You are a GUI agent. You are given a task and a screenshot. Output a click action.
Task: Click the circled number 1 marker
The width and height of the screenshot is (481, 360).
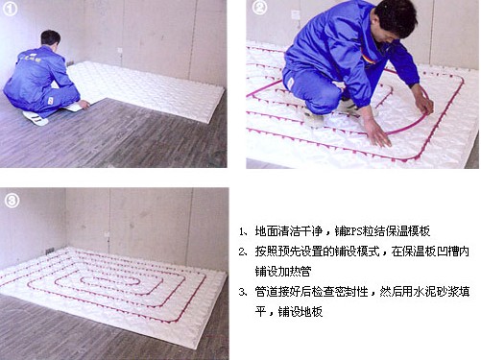(10, 9)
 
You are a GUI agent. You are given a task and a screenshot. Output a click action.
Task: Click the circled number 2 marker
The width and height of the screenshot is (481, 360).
(259, 8)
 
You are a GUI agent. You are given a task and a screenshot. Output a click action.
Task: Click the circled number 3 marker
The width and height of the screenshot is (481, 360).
(12, 201)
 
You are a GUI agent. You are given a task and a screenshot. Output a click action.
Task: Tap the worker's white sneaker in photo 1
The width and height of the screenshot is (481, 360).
(36, 118)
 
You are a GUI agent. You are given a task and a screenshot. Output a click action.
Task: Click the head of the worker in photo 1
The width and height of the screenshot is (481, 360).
(51, 39)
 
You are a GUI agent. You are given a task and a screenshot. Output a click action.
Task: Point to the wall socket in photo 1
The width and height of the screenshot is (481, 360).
(120, 50)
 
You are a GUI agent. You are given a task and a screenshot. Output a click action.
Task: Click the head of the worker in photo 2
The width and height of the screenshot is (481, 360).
(395, 20)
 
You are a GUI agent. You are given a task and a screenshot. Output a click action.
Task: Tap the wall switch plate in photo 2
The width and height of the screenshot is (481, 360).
(296, 15)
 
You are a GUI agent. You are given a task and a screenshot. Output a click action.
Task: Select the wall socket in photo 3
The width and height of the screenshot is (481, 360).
(108, 235)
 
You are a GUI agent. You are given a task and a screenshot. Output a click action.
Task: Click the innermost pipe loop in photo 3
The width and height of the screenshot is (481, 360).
(110, 281)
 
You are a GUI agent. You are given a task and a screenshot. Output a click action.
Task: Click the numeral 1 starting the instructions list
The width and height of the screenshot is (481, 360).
(241, 231)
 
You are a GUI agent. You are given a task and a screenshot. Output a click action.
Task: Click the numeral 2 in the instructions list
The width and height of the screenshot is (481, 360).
(242, 252)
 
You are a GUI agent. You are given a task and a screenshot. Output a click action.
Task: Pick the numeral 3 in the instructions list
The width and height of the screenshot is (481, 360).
(242, 292)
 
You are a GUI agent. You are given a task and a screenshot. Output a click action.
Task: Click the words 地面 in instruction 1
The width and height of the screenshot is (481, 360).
(266, 231)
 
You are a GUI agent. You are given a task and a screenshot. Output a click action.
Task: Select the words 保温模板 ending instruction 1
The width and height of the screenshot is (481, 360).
(408, 231)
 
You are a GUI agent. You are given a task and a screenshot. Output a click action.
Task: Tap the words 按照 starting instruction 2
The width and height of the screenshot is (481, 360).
(266, 252)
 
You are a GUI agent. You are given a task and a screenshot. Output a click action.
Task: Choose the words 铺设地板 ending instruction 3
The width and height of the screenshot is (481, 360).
(300, 311)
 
